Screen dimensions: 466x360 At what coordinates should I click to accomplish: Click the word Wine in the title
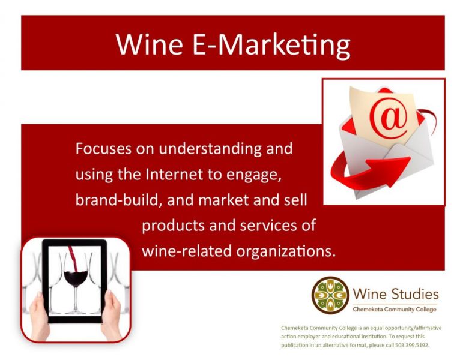tap(149, 44)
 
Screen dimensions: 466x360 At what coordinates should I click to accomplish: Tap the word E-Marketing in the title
tap(271, 46)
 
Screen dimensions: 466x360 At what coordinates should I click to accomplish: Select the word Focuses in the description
tap(103, 148)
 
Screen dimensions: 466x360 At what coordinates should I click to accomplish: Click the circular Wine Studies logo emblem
tap(330, 295)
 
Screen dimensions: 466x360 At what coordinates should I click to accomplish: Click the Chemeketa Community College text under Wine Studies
tap(395, 309)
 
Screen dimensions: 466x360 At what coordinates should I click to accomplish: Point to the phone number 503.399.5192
tap(412, 345)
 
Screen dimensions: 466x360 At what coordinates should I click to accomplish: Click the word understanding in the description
tap(210, 149)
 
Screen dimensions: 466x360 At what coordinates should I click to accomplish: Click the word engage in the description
tap(254, 175)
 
